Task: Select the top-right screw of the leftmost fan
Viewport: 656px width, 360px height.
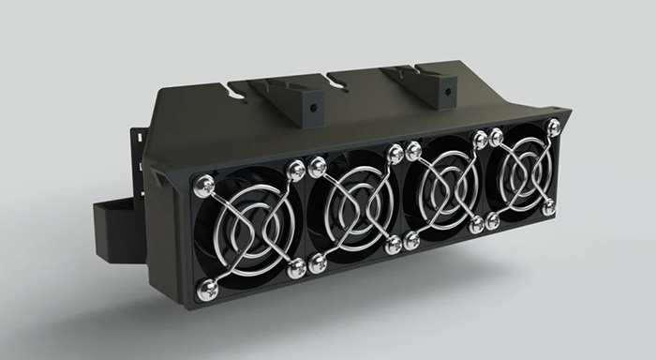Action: point(296,170)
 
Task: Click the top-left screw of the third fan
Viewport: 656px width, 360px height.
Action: point(413,148)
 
